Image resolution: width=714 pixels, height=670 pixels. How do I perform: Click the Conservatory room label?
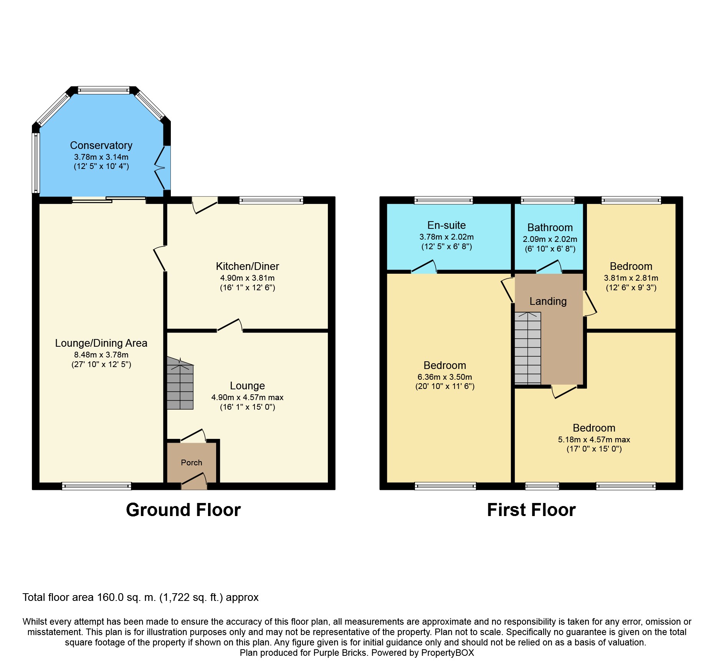(x=101, y=146)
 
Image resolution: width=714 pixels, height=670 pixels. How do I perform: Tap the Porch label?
(x=192, y=463)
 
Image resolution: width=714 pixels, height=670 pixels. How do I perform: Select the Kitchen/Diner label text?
(x=247, y=266)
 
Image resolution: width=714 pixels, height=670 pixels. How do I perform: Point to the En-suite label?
(x=446, y=225)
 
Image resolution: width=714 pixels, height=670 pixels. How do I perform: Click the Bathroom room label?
(x=550, y=228)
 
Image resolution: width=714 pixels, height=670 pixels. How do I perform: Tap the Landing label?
(x=548, y=301)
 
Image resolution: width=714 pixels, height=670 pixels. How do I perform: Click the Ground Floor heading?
(x=183, y=510)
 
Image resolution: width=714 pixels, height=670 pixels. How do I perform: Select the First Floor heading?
(x=531, y=510)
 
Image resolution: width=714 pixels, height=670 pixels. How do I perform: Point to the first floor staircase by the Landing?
(x=528, y=348)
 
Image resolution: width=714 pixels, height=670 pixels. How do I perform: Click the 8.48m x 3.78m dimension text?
(x=101, y=355)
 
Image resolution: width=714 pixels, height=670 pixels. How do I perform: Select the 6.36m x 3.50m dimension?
(x=445, y=377)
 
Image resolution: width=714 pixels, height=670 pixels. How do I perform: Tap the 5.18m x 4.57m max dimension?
(x=594, y=440)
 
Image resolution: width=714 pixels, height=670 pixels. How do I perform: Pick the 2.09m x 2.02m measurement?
(x=550, y=239)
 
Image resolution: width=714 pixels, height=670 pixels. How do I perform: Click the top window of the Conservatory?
(x=104, y=90)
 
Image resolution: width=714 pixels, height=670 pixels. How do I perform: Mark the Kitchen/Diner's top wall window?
(x=271, y=200)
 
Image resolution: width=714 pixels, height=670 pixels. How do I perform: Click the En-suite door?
(x=424, y=266)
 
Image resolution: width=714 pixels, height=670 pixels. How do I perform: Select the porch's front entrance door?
(x=194, y=481)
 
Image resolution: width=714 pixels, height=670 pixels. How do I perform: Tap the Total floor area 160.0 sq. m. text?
(x=140, y=597)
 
